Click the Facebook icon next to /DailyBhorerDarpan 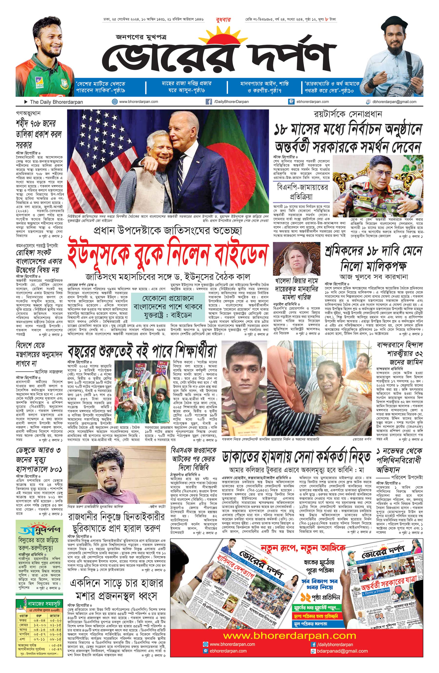209,102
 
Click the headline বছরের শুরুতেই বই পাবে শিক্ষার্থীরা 142,351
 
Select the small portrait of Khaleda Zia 297,259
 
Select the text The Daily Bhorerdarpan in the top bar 56,102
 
